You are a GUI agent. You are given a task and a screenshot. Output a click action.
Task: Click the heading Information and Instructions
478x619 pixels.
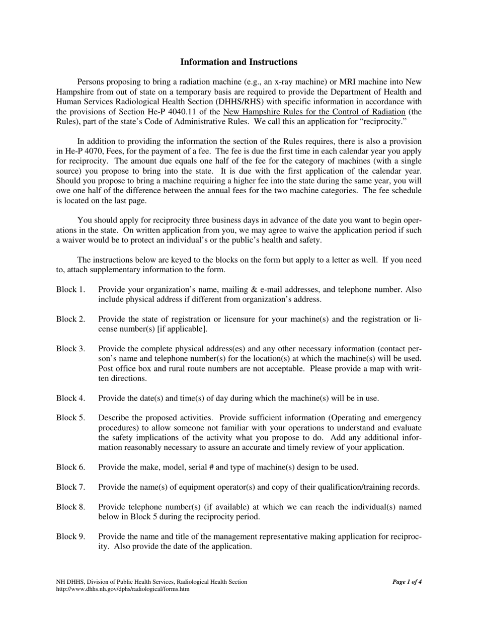pyautogui.click(x=238, y=62)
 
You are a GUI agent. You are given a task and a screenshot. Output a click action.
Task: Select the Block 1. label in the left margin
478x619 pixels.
pyautogui.click(x=70, y=290)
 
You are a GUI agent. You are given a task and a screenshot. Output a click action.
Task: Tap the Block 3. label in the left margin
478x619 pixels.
pyautogui.click(x=70, y=349)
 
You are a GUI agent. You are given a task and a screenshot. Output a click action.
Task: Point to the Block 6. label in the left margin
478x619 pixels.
pyautogui.click(x=70, y=468)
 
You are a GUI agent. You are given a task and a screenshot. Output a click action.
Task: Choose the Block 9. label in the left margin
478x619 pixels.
pyautogui.click(x=70, y=536)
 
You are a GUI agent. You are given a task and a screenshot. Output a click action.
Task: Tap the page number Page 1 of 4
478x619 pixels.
pyautogui.click(x=407, y=582)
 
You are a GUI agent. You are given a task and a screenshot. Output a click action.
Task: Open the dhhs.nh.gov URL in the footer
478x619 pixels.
pyautogui.click(x=123, y=589)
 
